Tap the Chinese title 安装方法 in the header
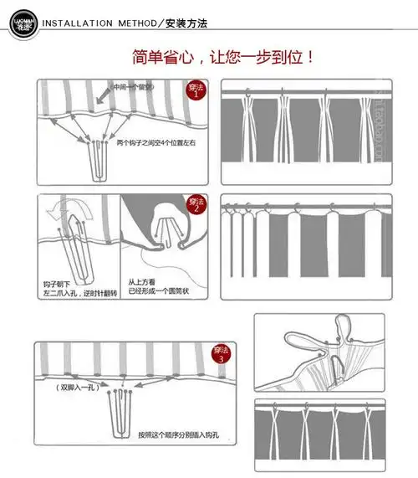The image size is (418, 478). (186, 21)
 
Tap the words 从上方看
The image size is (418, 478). (142, 283)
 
